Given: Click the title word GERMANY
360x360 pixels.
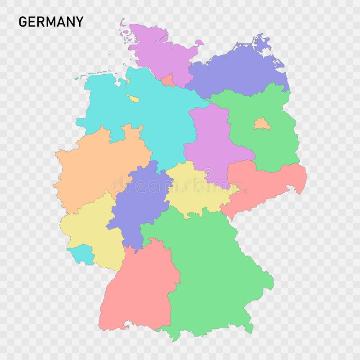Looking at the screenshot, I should tap(51, 22).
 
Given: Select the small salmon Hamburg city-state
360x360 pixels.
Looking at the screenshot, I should tap(169, 81).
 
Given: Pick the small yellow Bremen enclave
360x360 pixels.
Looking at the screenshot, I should tap(133, 99).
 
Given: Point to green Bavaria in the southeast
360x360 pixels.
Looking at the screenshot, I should tap(211, 270).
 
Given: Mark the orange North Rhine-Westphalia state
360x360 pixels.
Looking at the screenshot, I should tap(99, 166).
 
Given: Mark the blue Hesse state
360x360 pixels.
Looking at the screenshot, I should tap(139, 202).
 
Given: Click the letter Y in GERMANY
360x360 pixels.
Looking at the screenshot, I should tap(79, 22).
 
